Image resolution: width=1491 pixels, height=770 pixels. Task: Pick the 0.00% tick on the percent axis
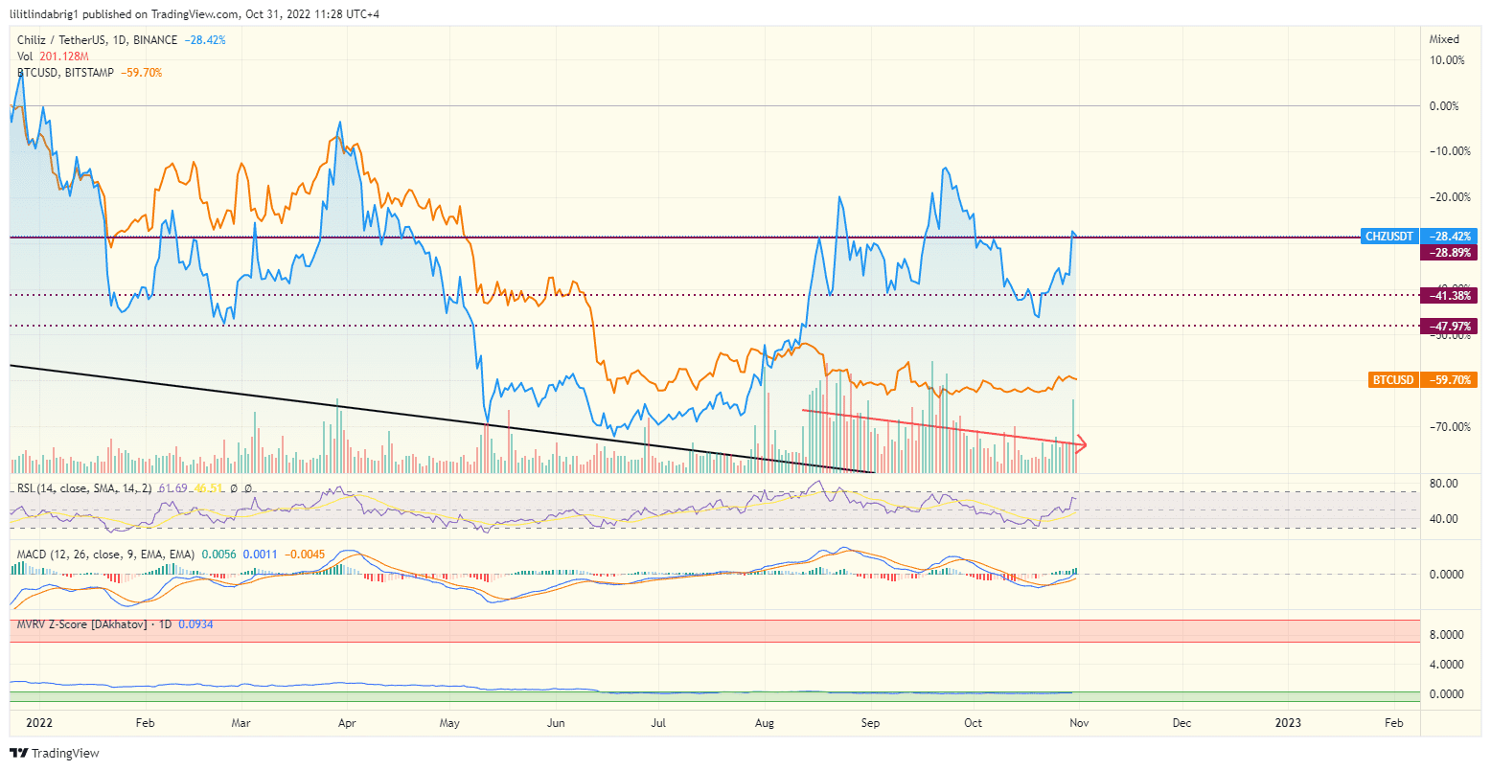click(1444, 106)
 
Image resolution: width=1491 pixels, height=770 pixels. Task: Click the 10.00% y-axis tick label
click(1446, 60)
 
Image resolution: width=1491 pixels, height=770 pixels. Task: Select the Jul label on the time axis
click(658, 723)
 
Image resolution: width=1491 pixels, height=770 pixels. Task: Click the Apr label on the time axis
click(347, 723)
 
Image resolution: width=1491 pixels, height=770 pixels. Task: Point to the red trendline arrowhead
click(1082, 443)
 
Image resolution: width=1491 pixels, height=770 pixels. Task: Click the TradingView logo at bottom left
click(55, 754)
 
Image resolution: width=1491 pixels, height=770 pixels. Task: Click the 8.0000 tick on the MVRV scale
click(1447, 634)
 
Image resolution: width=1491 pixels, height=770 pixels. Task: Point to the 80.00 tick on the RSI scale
click(1444, 484)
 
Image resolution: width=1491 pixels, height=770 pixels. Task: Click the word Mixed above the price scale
click(1444, 39)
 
